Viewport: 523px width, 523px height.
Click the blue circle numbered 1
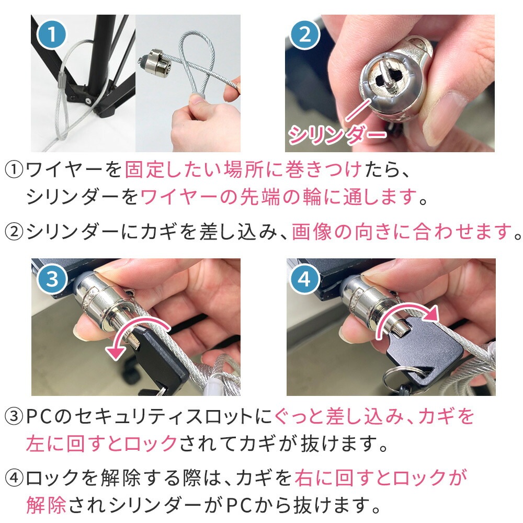(52, 35)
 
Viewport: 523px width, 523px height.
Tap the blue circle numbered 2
(305, 35)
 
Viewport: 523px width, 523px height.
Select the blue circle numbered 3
(52, 279)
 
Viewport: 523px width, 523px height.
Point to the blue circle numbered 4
(304, 279)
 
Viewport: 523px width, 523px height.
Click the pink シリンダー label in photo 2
(337, 134)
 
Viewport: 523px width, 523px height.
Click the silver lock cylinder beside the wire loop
(155, 63)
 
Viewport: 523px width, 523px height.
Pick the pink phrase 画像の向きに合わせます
(402, 232)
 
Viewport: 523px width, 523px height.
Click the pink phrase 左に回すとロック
(102, 444)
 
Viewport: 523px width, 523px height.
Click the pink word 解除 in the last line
(47, 505)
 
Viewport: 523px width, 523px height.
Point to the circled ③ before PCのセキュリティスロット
(14, 417)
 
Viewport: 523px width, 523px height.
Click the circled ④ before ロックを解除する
(14, 478)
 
